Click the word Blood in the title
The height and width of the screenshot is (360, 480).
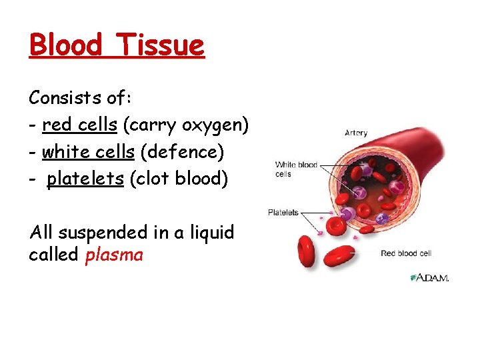(65, 45)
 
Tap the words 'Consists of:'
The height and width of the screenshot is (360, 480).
(80, 98)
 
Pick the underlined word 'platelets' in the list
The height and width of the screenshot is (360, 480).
(85, 179)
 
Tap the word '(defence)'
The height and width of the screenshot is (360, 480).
(184, 151)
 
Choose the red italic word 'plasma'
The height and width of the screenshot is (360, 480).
(114, 255)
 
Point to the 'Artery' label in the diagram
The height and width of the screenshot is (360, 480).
(356, 133)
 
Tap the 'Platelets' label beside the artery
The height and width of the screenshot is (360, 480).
(283, 213)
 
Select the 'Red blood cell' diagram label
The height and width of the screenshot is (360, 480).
(405, 253)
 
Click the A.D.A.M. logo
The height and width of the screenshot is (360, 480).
(429, 277)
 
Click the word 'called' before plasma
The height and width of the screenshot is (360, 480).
(53, 255)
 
